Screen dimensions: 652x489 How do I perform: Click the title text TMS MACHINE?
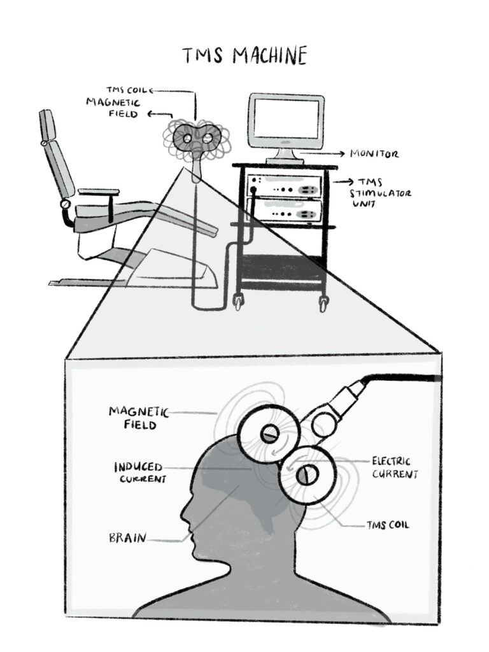(x=244, y=56)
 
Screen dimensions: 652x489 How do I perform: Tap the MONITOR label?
(x=374, y=154)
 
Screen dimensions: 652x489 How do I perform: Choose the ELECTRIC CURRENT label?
(x=395, y=467)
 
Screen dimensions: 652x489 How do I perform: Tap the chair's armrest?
(x=99, y=191)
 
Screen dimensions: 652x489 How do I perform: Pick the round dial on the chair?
(x=64, y=205)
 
